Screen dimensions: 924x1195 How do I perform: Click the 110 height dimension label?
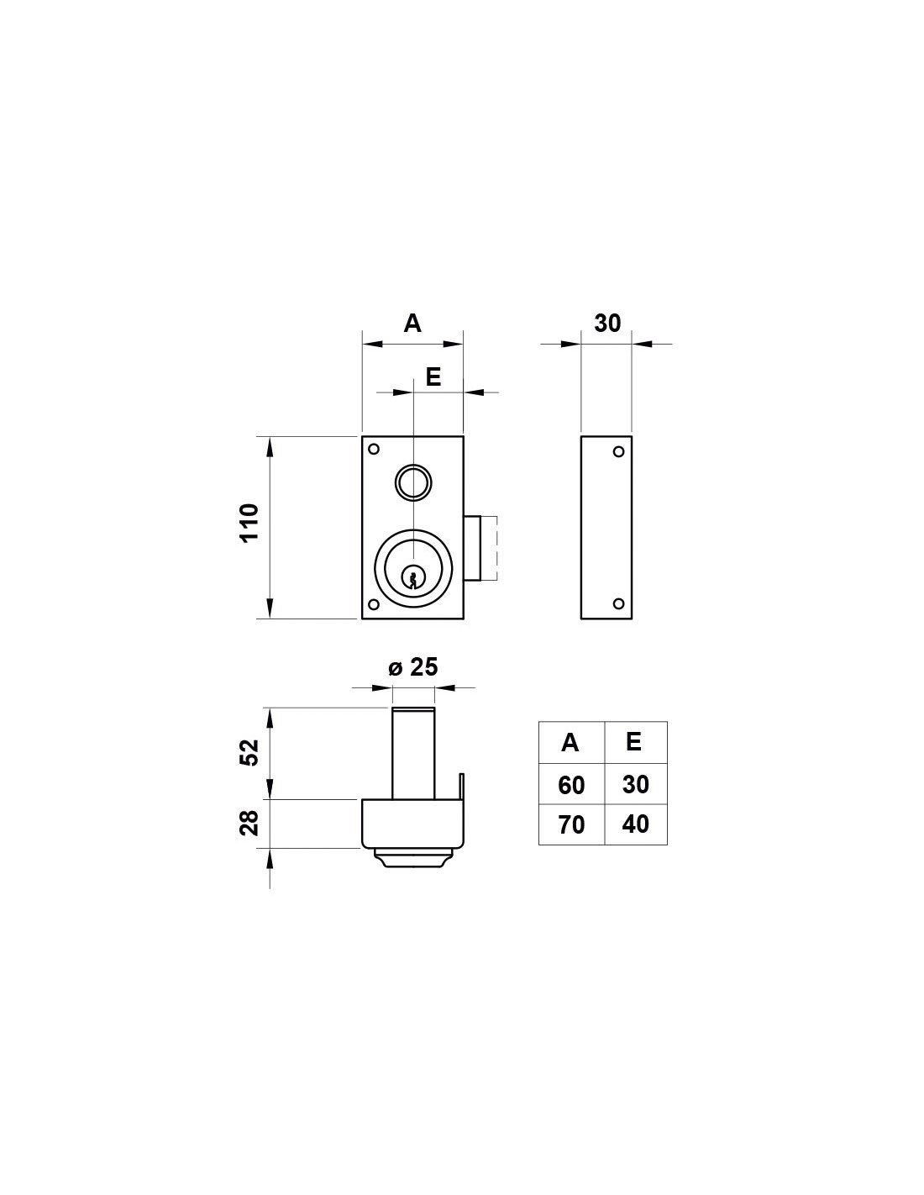click(x=249, y=523)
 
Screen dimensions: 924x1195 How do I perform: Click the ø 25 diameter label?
click(x=412, y=667)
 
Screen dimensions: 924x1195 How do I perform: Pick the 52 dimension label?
click(x=249, y=753)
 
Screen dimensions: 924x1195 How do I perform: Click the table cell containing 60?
click(x=571, y=785)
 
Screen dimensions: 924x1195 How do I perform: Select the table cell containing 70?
click(x=571, y=825)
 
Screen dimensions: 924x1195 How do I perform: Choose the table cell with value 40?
click(x=636, y=824)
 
